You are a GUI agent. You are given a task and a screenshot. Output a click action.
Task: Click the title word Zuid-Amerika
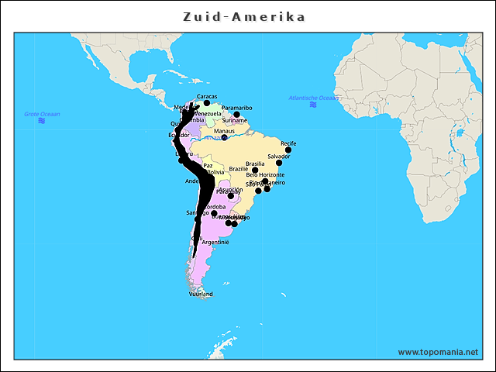(x=244, y=16)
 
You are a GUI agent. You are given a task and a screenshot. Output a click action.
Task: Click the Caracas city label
(x=207, y=96)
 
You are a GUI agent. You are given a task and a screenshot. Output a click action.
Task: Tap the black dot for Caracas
(x=207, y=102)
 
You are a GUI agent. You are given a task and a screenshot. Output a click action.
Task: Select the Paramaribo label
(x=236, y=108)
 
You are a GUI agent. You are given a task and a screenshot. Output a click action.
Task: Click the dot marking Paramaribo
(x=237, y=115)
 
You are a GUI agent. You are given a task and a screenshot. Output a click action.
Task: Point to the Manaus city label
(x=225, y=131)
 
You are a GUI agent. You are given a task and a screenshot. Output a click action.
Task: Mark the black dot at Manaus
(x=225, y=137)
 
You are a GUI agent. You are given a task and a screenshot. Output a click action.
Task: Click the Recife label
(x=288, y=143)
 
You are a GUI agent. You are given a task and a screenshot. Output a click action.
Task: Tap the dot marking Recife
(x=288, y=150)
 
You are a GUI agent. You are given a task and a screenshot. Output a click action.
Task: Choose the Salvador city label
(x=279, y=157)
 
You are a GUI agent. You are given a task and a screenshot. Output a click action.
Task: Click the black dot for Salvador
(x=279, y=163)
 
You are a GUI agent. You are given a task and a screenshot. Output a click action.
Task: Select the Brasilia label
(x=255, y=164)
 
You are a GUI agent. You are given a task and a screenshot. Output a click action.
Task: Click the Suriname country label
(x=234, y=121)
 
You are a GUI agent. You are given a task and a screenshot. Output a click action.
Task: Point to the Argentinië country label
(x=215, y=243)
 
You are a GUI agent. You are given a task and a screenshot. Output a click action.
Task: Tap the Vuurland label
(x=201, y=294)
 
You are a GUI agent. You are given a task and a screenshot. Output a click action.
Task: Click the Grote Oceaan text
(x=42, y=114)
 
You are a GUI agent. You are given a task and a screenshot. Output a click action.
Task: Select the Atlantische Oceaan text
(x=313, y=98)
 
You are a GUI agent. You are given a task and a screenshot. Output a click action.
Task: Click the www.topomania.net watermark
(x=438, y=352)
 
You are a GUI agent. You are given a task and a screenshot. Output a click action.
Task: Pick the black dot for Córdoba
(x=215, y=213)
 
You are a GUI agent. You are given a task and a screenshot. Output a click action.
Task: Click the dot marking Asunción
(x=231, y=196)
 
